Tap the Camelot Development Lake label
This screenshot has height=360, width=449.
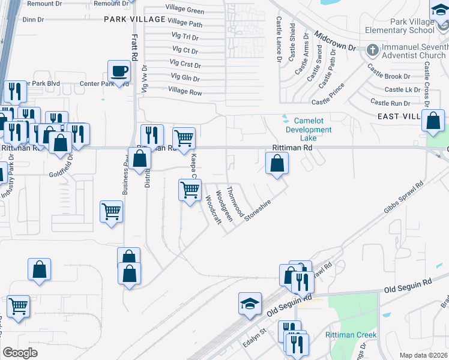tap(304, 129)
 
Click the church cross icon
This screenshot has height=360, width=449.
tap(372, 50)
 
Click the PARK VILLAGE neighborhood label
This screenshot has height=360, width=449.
tap(134, 19)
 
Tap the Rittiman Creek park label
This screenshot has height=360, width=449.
tap(351, 335)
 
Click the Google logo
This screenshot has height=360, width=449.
tap(20, 353)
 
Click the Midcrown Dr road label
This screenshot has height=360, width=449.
tap(335, 41)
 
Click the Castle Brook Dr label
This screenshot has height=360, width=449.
tap(389, 77)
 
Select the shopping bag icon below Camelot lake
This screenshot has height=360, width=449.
tap(277, 163)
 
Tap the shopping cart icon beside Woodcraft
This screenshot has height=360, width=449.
tap(190, 190)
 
